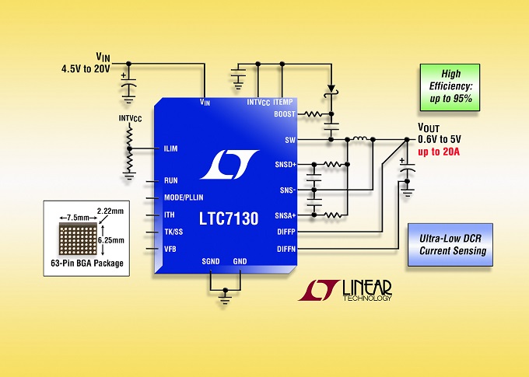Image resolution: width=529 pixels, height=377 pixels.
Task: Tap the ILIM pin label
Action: [x=172, y=148]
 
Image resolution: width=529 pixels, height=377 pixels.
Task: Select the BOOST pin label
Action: [x=285, y=114]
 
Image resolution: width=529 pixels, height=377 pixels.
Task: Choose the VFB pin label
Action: [x=171, y=249]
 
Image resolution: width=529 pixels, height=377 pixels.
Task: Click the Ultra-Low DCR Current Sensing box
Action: [x=452, y=244]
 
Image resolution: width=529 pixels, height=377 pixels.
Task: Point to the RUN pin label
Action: [x=171, y=180]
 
